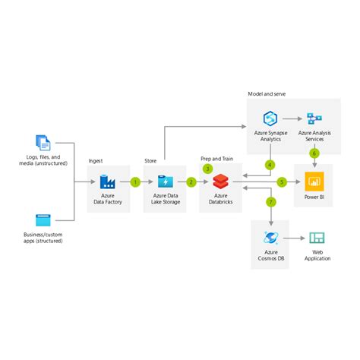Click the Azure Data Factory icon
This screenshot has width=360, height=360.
click(x=108, y=182)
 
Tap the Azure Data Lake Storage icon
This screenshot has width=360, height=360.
click(x=164, y=182)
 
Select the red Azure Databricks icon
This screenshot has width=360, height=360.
click(x=220, y=182)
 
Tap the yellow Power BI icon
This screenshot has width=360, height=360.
click(x=314, y=182)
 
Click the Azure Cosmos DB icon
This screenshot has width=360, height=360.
click(x=270, y=238)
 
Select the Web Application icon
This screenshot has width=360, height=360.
click(x=317, y=238)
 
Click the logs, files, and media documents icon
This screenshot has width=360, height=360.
click(x=43, y=142)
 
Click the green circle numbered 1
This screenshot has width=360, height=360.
click(x=135, y=182)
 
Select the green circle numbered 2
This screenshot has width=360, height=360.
click(x=191, y=182)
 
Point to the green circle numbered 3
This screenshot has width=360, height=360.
click(x=207, y=169)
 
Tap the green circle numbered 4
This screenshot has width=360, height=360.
click(x=270, y=164)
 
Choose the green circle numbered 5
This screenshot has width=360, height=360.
click(x=282, y=182)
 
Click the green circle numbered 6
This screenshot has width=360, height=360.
click(x=314, y=153)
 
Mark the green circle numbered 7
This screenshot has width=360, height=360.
click(x=270, y=202)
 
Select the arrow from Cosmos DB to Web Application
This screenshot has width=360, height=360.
click(x=294, y=238)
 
